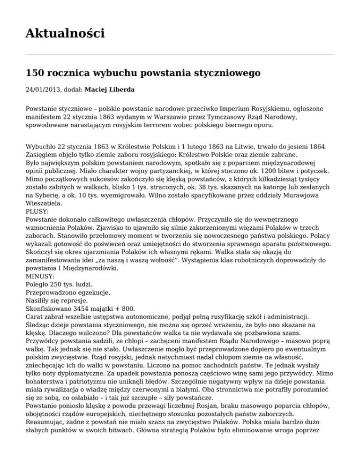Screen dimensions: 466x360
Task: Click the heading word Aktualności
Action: [65, 33]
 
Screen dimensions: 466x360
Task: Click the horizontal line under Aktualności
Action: [180, 54]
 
